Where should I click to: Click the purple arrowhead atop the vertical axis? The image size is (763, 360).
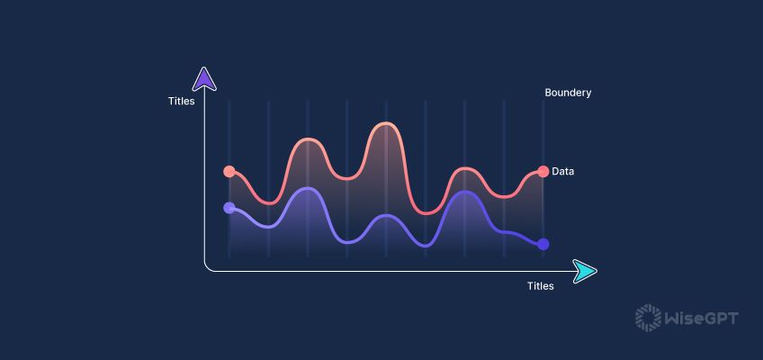coord(205,79)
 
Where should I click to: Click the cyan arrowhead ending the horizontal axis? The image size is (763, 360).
coord(585,270)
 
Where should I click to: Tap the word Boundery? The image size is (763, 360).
coord(568,93)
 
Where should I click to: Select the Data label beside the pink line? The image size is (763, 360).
coord(563,171)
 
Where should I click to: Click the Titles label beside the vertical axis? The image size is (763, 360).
coord(181,101)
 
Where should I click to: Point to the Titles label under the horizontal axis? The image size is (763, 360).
coord(540,286)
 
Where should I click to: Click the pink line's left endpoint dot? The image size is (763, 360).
coord(229,171)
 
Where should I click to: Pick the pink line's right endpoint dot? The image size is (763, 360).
coord(543,171)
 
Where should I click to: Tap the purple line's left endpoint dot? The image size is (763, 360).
coord(229,208)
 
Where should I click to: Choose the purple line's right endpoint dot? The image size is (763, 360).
coord(543,244)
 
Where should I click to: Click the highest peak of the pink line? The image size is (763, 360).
coord(385,123)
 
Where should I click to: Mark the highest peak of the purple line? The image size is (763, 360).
coord(308,188)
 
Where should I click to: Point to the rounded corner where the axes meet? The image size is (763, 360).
coord(208,267)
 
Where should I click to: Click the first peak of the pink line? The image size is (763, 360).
coord(308,139)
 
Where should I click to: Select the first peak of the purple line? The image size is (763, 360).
coord(308,188)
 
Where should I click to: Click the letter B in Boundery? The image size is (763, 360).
coord(548,93)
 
